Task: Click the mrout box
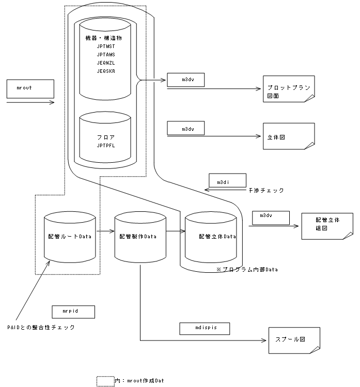(x=30, y=88)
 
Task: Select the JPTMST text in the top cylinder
(x=106, y=46)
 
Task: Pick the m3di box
(x=227, y=181)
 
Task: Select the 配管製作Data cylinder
(x=138, y=236)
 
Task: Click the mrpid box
(x=73, y=312)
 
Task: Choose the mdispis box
(x=204, y=328)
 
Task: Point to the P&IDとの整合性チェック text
(x=41, y=327)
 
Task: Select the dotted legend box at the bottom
(x=105, y=381)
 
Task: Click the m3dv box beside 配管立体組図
(x=271, y=217)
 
